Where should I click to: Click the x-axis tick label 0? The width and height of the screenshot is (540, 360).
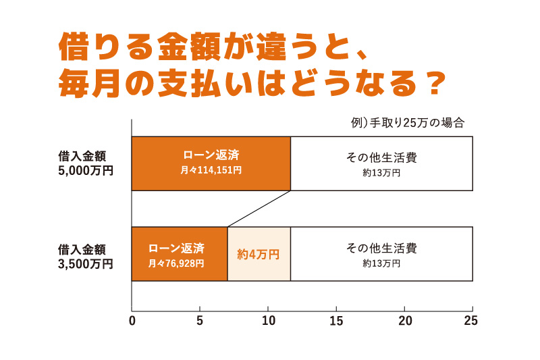click(x=132, y=320)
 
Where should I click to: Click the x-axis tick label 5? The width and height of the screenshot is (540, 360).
click(x=200, y=320)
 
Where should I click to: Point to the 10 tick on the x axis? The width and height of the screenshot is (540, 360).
click(x=268, y=320)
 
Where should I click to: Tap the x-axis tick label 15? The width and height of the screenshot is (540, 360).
click(x=336, y=320)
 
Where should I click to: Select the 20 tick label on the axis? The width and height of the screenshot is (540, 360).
click(x=404, y=320)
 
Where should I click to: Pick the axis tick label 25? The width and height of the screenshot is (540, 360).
click(x=471, y=320)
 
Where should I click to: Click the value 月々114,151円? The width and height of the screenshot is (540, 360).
click(x=211, y=170)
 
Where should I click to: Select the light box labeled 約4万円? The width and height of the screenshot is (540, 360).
click(x=259, y=254)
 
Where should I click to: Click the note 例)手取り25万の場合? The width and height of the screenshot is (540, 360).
click(x=408, y=123)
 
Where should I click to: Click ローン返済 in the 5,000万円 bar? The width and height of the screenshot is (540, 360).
click(x=211, y=155)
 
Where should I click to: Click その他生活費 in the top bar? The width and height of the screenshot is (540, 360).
click(x=381, y=157)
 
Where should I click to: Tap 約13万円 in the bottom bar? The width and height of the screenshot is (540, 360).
click(x=381, y=263)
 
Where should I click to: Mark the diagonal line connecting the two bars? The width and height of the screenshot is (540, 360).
click(x=259, y=209)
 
